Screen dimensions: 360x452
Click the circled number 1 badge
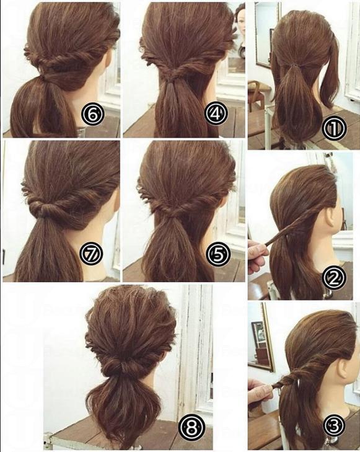(x=333, y=128)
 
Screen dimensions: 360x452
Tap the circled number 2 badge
(x=333, y=277)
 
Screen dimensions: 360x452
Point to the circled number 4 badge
(x=216, y=113)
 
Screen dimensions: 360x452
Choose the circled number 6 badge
(x=92, y=115)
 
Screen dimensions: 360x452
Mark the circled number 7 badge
(x=92, y=254)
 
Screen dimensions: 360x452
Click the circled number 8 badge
(x=191, y=427)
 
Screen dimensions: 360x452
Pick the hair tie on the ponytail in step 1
(x=294, y=66)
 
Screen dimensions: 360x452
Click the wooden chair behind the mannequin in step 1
(x=259, y=92)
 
